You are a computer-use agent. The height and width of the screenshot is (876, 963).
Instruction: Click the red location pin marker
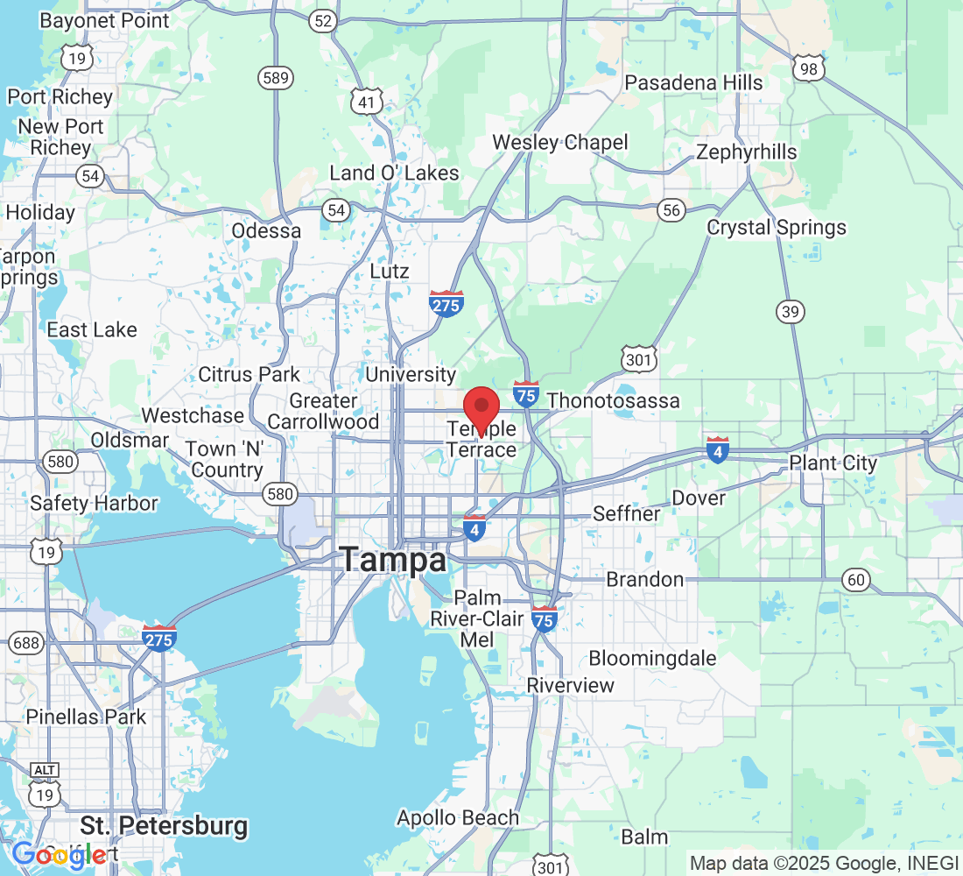[x=481, y=407]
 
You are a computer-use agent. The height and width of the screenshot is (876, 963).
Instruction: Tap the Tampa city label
[x=393, y=559]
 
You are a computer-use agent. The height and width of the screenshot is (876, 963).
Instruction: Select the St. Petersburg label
[x=164, y=825]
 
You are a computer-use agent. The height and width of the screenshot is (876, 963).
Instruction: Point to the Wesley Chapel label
[x=560, y=142]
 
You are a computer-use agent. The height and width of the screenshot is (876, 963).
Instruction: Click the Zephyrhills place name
[x=747, y=152]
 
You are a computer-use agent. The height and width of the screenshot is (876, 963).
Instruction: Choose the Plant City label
[x=833, y=463]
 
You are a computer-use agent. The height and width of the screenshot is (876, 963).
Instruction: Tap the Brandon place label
[x=646, y=579]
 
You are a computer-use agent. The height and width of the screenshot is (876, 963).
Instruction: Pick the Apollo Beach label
[x=458, y=818]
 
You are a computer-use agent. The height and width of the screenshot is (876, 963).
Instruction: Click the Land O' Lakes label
[x=394, y=173]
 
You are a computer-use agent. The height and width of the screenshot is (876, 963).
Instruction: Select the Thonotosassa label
[x=614, y=401]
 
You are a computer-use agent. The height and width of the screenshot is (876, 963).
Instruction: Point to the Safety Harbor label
[x=94, y=503]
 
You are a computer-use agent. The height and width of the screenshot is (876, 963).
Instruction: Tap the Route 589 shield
[x=275, y=78]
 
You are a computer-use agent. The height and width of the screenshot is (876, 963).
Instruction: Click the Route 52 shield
[x=324, y=22]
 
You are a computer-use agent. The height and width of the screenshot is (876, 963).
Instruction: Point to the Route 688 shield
[x=27, y=643]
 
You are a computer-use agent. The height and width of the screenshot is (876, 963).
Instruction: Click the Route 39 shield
[x=791, y=311]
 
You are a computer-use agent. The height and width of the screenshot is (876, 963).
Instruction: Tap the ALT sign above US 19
[x=45, y=770]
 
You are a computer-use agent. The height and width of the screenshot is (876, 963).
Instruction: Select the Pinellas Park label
[x=86, y=717]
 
